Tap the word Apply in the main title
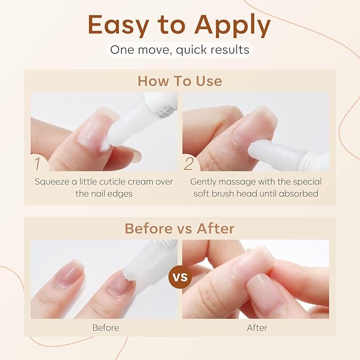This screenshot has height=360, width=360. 233,25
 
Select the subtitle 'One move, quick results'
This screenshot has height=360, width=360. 180,50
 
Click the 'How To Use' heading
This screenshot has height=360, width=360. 180,81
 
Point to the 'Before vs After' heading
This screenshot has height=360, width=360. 180,228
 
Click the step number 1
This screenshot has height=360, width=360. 38,162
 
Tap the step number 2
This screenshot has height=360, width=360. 189,163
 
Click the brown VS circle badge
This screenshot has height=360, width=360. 180,277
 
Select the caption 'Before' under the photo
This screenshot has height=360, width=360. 105,328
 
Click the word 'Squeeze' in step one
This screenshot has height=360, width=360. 51,181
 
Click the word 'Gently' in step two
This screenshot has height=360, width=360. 204,181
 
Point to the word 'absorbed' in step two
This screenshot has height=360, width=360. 300,194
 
